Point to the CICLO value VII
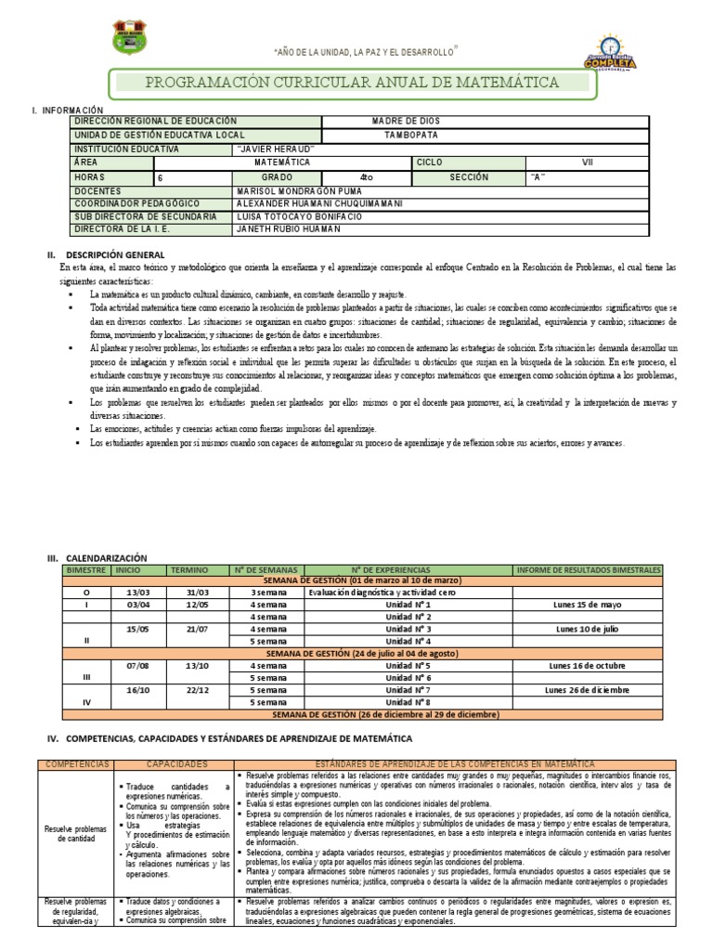coord(587,162)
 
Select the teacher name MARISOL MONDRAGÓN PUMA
coord(292,189)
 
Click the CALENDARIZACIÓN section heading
coord(102,557)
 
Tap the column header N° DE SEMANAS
coord(263,568)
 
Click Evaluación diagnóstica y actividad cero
coord(382,592)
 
